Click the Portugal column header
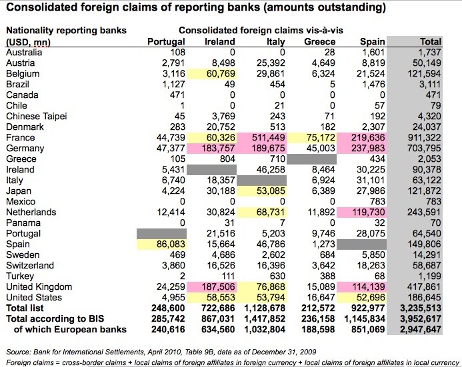(x=166, y=42)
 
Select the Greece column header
(x=319, y=42)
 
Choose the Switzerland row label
(x=31, y=265)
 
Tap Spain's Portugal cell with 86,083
(x=166, y=244)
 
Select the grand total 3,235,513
(x=419, y=308)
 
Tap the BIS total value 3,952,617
(x=419, y=319)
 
